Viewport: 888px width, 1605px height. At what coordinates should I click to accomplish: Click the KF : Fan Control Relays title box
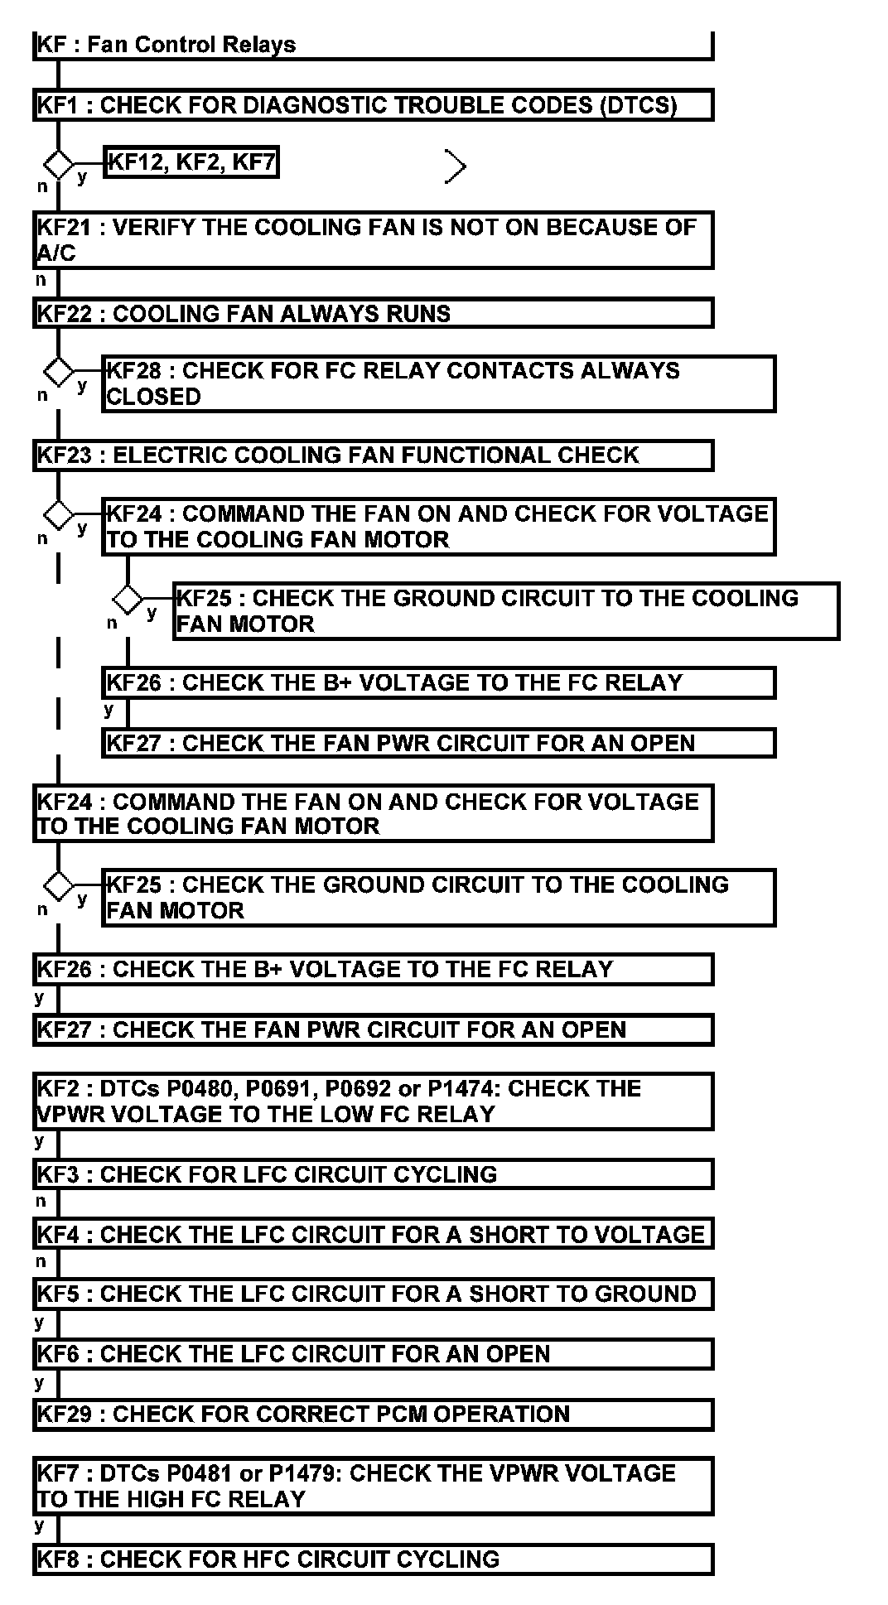(x=373, y=45)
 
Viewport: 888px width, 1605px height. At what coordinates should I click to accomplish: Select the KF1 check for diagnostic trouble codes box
(x=373, y=105)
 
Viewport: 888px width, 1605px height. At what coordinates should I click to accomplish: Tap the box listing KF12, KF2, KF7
(x=191, y=162)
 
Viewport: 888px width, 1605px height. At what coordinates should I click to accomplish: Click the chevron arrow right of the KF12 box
(x=456, y=166)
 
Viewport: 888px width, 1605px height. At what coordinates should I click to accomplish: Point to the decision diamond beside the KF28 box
(x=58, y=372)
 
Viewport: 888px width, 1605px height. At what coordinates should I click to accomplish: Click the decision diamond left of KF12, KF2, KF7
(x=58, y=164)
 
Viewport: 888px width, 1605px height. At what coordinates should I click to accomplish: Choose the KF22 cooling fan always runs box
(x=373, y=314)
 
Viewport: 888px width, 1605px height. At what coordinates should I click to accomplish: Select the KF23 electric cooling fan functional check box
(x=373, y=455)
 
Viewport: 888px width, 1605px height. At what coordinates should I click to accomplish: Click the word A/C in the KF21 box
(x=56, y=253)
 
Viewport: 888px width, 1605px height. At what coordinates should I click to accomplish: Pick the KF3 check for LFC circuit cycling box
(x=373, y=1174)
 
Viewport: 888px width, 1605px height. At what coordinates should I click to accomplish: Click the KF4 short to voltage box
(x=373, y=1234)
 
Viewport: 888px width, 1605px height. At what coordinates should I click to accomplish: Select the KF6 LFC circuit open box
(x=373, y=1354)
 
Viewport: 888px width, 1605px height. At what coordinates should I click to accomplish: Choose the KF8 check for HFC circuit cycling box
(x=373, y=1559)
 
